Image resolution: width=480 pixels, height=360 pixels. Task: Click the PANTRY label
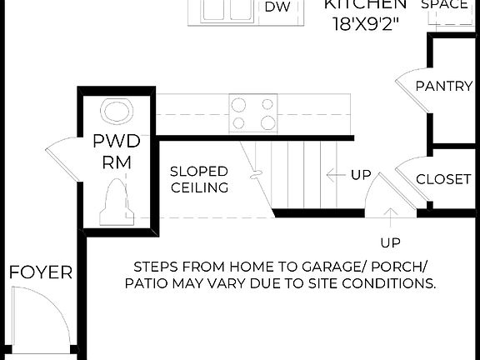point(444,86)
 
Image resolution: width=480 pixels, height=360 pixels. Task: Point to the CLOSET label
point(444,179)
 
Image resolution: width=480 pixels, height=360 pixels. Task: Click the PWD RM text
point(116,152)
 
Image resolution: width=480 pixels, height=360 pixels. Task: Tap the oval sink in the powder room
point(116,110)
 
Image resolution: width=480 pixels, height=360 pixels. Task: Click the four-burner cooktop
point(253,114)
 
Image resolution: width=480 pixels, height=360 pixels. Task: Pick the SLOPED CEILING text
point(199,180)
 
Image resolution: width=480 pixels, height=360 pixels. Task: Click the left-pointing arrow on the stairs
point(335,175)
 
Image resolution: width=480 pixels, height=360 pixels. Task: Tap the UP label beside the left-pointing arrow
point(361,175)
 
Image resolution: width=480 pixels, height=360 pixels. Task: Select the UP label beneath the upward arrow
point(390,242)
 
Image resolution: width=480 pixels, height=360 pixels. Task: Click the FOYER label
point(41,272)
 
